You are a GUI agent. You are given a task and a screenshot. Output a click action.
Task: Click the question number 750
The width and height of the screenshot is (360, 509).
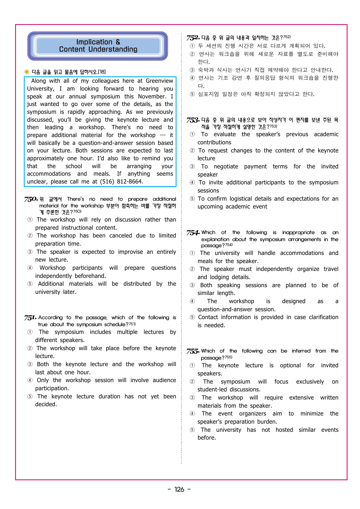point(31,199)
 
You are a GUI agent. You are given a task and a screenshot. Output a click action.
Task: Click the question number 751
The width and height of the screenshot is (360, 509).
point(30,318)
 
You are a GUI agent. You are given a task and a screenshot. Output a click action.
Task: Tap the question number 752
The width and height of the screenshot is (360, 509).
point(193,38)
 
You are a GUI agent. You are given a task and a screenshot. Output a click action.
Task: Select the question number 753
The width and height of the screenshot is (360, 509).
point(193,120)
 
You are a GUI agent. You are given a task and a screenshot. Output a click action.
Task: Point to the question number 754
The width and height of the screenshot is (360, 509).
point(193,233)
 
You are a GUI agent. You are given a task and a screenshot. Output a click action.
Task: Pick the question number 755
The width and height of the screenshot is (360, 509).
point(193,351)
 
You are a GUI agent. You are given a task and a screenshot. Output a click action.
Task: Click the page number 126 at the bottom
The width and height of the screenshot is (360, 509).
point(179,490)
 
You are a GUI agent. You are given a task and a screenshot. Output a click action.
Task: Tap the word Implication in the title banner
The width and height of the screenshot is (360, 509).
point(94,42)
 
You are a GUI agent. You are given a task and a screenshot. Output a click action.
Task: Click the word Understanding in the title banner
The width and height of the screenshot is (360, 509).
point(113,49)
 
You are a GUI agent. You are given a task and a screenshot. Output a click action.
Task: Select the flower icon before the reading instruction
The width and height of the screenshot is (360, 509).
point(27,72)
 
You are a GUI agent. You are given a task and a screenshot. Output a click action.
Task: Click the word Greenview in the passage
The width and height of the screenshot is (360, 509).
point(159,81)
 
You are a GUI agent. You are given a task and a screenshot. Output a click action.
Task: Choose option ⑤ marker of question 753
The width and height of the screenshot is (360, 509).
point(192,199)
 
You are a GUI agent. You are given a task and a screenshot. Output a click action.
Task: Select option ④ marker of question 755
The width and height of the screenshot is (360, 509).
point(192,414)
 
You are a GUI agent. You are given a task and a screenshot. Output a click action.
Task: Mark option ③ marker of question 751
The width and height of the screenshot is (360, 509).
point(30,364)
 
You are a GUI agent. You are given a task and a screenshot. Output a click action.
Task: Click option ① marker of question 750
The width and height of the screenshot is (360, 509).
point(30,220)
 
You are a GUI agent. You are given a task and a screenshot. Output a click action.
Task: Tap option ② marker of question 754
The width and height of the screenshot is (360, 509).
point(192,269)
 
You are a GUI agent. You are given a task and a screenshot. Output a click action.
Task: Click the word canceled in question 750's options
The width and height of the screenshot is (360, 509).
point(120,236)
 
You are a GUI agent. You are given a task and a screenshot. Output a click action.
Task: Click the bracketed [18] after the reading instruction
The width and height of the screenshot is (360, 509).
point(102,72)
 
